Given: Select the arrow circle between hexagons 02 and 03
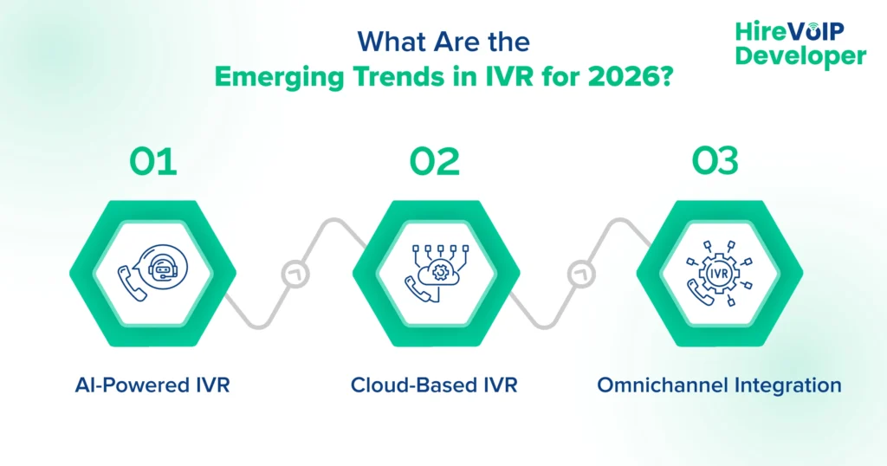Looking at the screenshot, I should point(577,275).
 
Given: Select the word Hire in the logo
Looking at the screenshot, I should point(759,31).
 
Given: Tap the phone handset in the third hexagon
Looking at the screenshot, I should point(700,292).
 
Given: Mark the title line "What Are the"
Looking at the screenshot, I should point(443,42).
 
